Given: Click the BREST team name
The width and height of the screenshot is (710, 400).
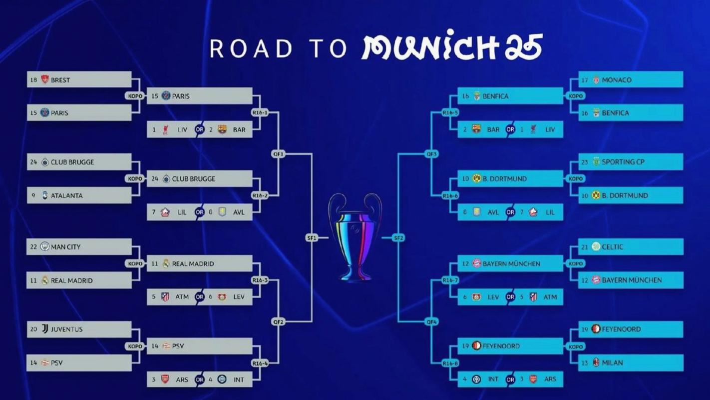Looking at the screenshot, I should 60,80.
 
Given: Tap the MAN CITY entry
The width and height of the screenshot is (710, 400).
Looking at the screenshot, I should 65,247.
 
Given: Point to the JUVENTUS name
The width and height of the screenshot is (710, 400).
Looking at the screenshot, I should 66,329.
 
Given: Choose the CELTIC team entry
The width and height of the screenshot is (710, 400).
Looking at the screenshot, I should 612,247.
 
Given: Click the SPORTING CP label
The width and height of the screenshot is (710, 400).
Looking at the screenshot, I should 623,162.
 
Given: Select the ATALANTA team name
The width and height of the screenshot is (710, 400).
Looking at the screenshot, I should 66,195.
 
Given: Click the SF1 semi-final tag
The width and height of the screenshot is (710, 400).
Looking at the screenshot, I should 312,238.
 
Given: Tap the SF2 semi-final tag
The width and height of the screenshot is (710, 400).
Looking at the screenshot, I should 398,238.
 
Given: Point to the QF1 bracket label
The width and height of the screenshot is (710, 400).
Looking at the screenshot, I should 278,154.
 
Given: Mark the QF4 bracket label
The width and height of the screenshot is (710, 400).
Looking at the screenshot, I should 431,322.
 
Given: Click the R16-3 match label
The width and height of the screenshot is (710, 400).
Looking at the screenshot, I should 260,280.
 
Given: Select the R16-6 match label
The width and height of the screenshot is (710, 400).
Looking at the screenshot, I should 450,195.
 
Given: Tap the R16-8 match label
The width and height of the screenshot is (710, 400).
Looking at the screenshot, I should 450,363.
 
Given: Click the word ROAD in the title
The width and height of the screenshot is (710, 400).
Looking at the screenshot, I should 251,48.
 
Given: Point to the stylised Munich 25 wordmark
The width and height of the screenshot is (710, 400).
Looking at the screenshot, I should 452,47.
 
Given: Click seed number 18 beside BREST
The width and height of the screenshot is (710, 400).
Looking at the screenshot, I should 34,80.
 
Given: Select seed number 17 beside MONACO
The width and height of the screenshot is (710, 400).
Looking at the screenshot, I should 585,80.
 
